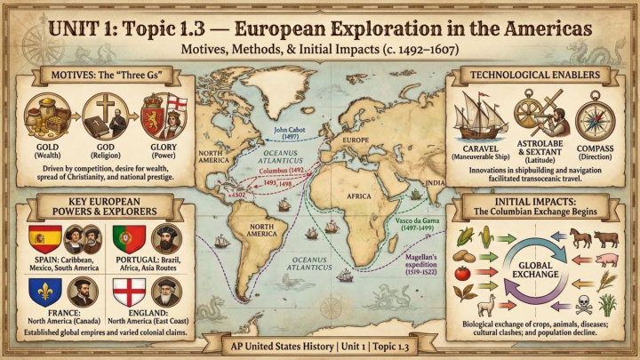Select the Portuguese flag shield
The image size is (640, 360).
pyautogui.click(x=123, y=237)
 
